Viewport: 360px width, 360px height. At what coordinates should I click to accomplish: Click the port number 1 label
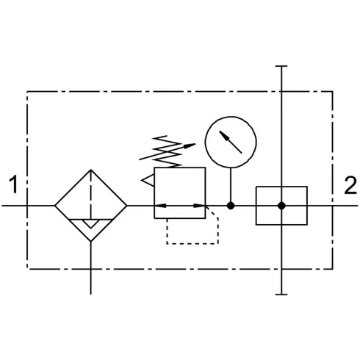[14, 184]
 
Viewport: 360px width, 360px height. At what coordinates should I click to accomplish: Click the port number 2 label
[350, 185]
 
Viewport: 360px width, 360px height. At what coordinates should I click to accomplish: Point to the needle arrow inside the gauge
[231, 142]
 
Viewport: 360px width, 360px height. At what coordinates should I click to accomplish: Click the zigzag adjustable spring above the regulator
[168, 151]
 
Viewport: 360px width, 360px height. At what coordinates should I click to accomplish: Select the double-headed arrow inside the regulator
[180, 206]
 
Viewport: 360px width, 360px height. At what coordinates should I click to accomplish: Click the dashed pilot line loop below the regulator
[192, 244]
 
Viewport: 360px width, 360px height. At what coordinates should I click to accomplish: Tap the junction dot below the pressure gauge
[231, 206]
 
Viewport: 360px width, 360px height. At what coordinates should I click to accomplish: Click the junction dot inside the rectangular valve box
[281, 206]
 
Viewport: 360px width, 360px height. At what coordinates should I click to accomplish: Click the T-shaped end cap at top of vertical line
[281, 66]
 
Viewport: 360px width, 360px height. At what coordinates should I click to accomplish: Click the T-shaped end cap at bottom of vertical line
[281, 295]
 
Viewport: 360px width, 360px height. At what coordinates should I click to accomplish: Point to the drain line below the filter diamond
[91, 268]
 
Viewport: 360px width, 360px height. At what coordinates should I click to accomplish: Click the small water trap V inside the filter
[91, 224]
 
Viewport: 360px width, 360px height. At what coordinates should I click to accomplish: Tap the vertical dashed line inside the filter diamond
[91, 195]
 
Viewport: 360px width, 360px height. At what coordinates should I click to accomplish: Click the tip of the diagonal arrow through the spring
[195, 144]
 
